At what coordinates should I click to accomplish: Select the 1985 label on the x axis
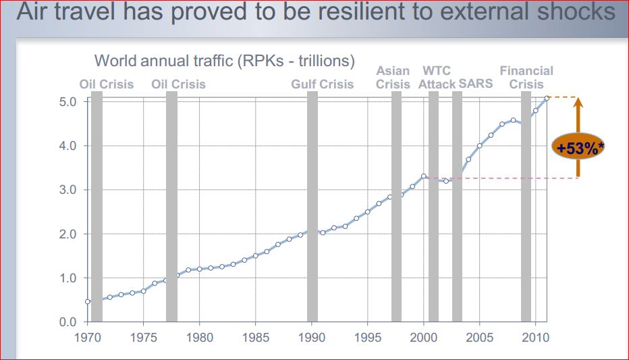(x=255, y=336)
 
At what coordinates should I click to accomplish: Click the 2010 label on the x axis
(x=536, y=336)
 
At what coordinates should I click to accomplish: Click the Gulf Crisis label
(x=322, y=84)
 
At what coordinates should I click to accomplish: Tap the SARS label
(x=475, y=84)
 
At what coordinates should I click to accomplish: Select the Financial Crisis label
(x=526, y=77)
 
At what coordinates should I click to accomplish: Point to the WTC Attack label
(x=437, y=77)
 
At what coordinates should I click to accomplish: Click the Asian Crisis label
(x=393, y=77)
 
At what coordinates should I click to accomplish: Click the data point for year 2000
(x=424, y=176)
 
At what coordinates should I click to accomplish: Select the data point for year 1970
(x=88, y=301)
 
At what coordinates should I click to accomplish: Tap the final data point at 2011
(x=547, y=98)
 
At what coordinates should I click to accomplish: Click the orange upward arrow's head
(x=578, y=103)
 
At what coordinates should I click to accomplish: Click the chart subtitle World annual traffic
(x=224, y=61)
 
